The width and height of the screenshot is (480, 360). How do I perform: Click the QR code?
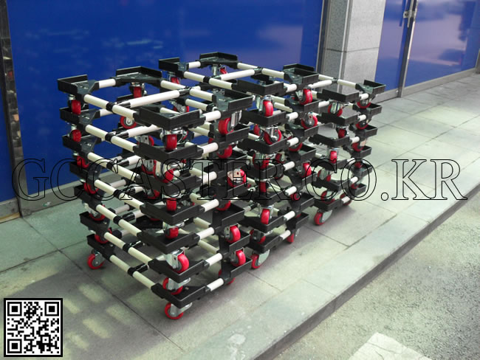coord(33,328)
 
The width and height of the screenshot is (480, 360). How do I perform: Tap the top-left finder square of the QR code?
coord(14,309)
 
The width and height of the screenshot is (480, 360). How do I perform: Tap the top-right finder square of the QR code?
coord(52,309)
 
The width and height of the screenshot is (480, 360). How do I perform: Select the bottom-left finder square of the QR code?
coord(14,346)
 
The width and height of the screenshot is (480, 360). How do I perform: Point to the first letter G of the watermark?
coord(32,179)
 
